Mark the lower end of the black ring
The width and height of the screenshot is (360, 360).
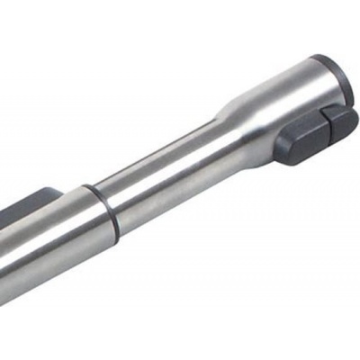pyautogui.click(x=115, y=236)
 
